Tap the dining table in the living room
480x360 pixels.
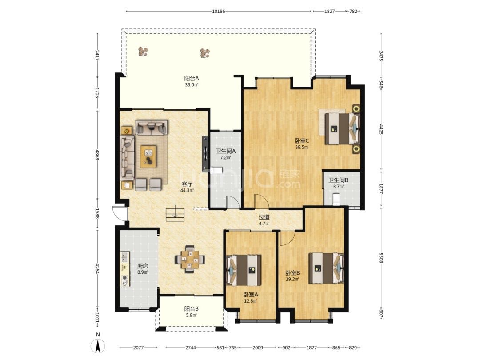(x=190, y=259)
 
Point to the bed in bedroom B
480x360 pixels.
(x=326, y=268)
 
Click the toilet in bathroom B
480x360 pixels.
(x=336, y=199)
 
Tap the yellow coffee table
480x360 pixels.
(x=148, y=157)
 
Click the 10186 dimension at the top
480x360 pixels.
(x=219, y=11)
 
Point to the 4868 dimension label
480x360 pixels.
(x=97, y=155)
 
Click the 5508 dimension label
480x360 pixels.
(x=381, y=258)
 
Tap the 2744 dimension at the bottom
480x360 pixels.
(x=190, y=348)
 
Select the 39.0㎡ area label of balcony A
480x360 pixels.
(x=192, y=85)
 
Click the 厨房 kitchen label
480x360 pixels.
(x=143, y=266)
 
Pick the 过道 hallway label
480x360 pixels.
(x=264, y=217)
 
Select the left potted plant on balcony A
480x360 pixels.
(x=143, y=52)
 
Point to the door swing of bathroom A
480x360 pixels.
(x=232, y=202)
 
